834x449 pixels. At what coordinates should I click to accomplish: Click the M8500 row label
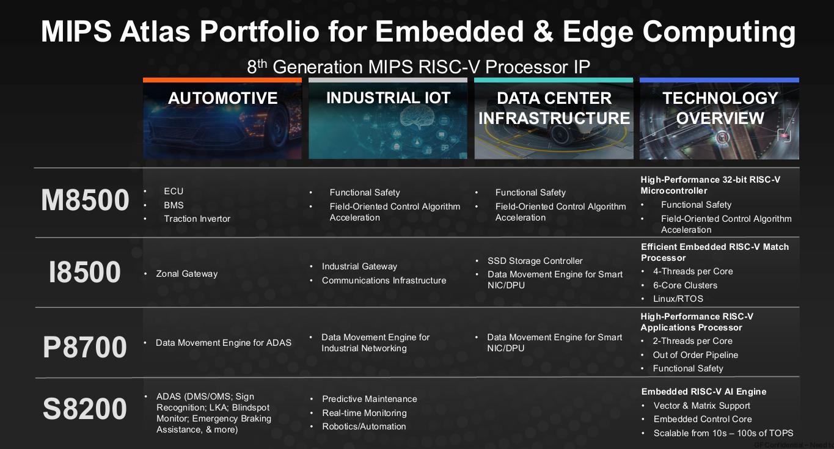85,200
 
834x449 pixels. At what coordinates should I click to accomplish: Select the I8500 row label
85,272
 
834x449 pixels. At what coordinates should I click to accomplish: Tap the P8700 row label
85,347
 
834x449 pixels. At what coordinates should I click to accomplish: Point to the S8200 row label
85,409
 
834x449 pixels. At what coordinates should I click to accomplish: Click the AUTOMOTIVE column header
222,98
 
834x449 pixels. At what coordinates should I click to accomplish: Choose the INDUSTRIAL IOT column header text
389,98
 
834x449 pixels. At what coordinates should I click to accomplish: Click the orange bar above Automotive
222,80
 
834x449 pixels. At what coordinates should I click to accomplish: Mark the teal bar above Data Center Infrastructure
554,80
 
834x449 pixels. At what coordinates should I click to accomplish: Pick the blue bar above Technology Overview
719,80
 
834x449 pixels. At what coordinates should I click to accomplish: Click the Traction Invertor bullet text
197,219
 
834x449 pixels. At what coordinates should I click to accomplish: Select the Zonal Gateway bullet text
186,274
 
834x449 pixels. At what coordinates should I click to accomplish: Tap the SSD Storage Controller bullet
535,261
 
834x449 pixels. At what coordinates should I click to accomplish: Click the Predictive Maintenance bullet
369,399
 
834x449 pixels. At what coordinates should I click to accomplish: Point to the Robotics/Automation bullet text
364,426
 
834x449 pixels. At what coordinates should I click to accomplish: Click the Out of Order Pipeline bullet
695,355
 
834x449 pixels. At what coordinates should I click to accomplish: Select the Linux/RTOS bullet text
678,299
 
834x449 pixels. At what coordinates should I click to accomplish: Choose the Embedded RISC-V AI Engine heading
704,392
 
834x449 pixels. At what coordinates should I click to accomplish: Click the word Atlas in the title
155,31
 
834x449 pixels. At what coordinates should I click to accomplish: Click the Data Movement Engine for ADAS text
224,343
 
